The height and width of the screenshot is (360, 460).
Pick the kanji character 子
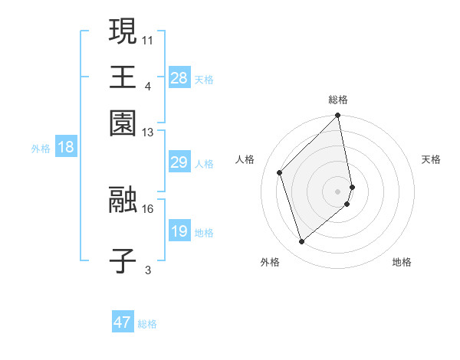click(x=123, y=261)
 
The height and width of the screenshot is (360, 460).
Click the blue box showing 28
click(x=179, y=78)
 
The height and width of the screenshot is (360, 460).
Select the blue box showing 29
click(x=179, y=163)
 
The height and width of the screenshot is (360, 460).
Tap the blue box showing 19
click(x=179, y=232)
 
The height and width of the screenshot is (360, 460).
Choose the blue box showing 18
click(x=66, y=148)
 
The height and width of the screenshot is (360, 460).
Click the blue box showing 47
click(x=123, y=322)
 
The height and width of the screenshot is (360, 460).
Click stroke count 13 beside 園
click(x=148, y=133)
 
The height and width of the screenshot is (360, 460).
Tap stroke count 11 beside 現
click(x=148, y=38)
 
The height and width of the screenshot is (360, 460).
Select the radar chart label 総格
click(x=338, y=100)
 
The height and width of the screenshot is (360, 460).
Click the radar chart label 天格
click(x=432, y=159)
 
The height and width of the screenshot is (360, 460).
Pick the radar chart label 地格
click(x=402, y=263)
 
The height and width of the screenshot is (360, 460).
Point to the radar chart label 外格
click(x=270, y=263)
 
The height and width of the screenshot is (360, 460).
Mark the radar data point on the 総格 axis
click(x=338, y=116)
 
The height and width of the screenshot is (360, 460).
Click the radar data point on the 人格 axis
click(x=280, y=172)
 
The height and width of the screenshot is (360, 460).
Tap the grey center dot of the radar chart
click(x=338, y=191)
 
